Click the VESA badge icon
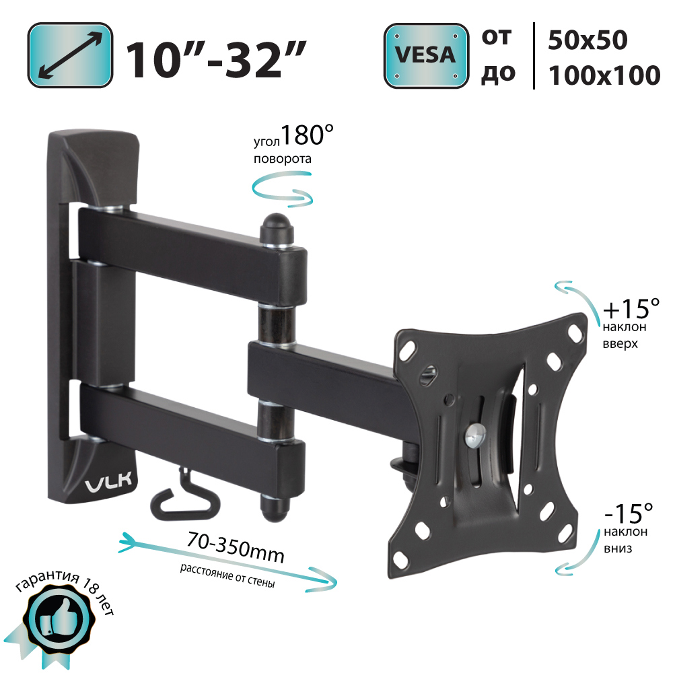click(x=426, y=56)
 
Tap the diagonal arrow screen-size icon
click(x=71, y=55)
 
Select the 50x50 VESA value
click(x=588, y=40)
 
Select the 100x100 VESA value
click(x=604, y=75)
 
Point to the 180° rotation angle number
click(x=308, y=135)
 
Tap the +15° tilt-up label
click(x=631, y=308)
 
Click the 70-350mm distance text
click(x=236, y=546)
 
